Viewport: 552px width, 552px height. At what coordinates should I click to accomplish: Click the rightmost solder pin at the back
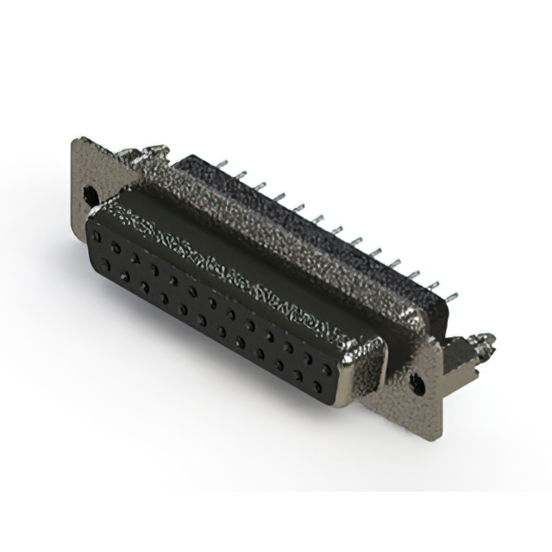click(x=453, y=293)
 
